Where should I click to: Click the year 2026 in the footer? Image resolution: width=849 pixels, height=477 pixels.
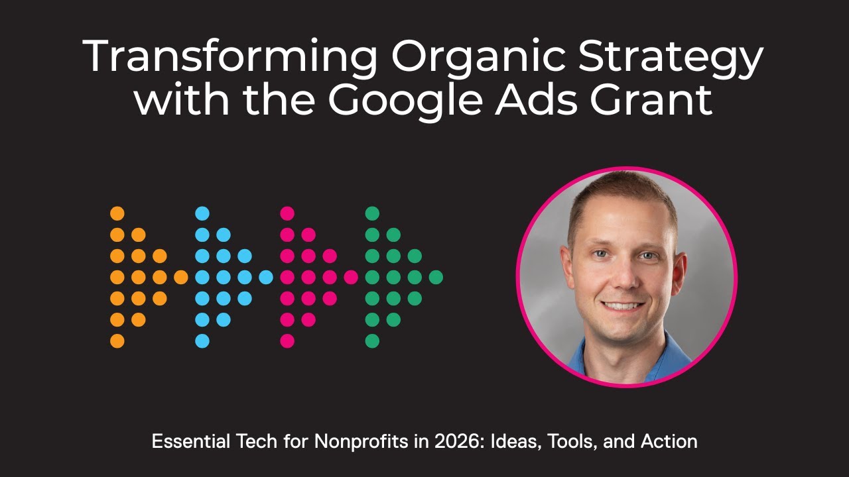tap(412, 441)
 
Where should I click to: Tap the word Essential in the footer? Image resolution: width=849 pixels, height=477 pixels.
tap(183, 441)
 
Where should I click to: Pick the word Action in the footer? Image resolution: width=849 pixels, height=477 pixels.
tap(669, 441)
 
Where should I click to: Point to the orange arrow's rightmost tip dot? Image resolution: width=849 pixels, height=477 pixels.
tap(181, 278)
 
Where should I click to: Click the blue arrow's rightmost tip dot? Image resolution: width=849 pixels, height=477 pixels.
tap(266, 278)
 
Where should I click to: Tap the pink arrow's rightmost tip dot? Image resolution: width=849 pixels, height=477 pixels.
tap(351, 278)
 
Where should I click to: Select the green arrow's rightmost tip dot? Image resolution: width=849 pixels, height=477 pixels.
tap(436, 278)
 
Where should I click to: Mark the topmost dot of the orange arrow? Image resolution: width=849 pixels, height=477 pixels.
tap(117, 213)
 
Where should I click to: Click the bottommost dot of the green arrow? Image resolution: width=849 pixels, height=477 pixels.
tap(372, 341)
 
